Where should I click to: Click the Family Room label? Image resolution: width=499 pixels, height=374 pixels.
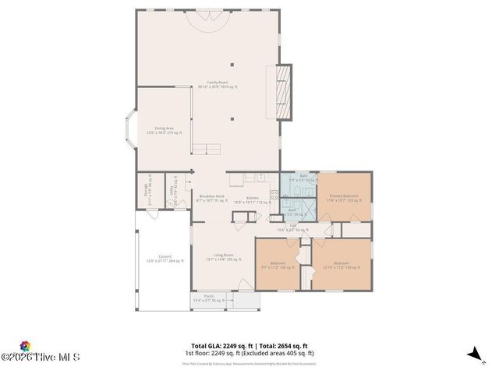coord(207,84)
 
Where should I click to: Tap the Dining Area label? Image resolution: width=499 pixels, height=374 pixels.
coord(164,129)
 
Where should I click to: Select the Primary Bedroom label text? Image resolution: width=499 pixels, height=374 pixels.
coord(344,197)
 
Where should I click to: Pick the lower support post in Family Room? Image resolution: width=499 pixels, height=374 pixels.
coord(232,119)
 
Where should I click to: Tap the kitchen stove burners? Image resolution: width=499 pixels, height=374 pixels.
coord(274,195)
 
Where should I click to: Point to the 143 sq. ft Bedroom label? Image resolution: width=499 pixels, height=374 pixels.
coord(341,265)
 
